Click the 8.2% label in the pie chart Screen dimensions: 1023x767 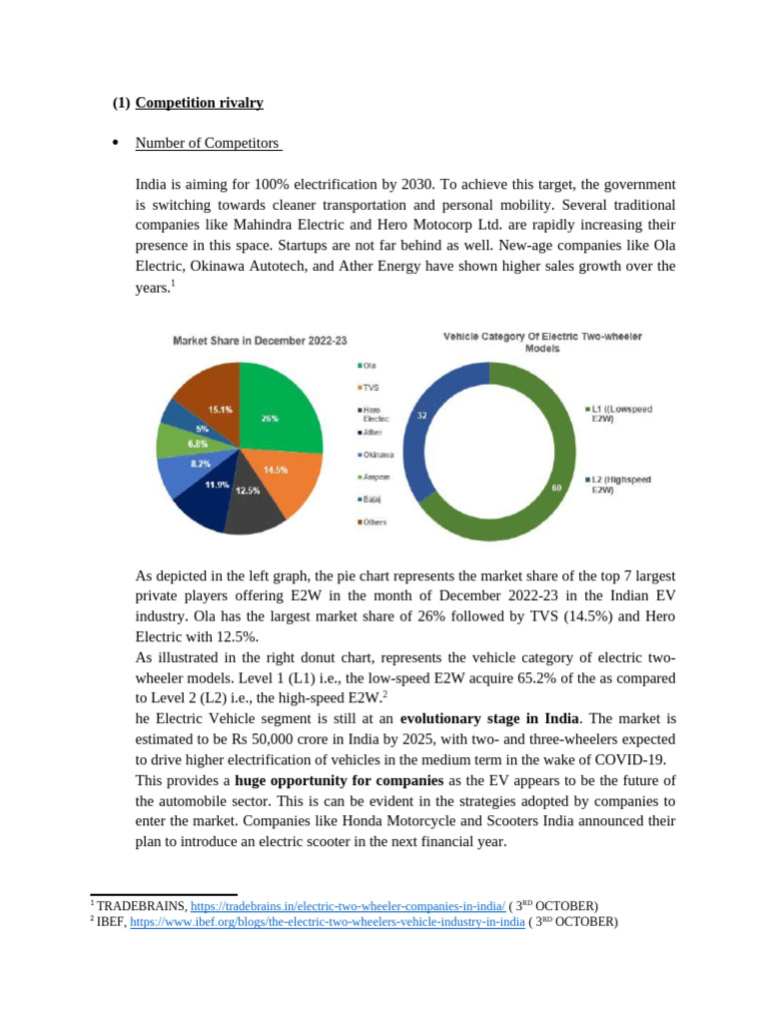pyautogui.click(x=201, y=464)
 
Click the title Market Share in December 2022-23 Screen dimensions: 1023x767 pyautogui.click(x=260, y=341)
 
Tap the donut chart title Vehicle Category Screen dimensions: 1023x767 pyautogui.click(x=542, y=343)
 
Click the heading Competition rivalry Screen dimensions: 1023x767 pyautogui.click(x=200, y=103)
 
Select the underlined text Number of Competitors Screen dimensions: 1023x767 pyautogui.click(x=208, y=144)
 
